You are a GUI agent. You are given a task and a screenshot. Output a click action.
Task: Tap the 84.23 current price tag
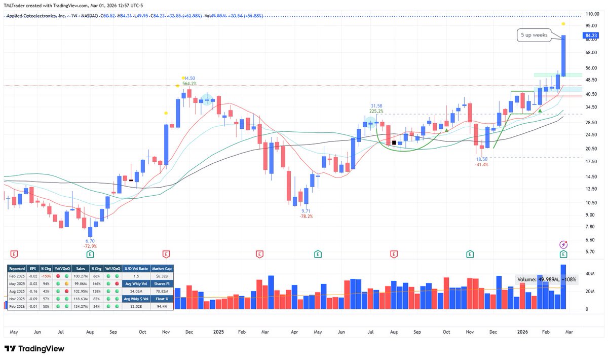588,35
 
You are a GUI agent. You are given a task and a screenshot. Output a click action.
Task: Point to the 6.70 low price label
90,240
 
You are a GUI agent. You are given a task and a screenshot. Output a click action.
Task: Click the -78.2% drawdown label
306,216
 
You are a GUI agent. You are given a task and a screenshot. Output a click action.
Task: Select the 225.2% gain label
376,111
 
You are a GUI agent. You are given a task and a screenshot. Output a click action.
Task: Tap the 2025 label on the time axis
218,332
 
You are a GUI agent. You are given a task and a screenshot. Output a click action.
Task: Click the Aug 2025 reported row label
18,292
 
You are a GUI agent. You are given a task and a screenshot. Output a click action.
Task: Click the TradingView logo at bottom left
35,349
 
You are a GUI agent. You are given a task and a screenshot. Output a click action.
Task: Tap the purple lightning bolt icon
563,244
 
